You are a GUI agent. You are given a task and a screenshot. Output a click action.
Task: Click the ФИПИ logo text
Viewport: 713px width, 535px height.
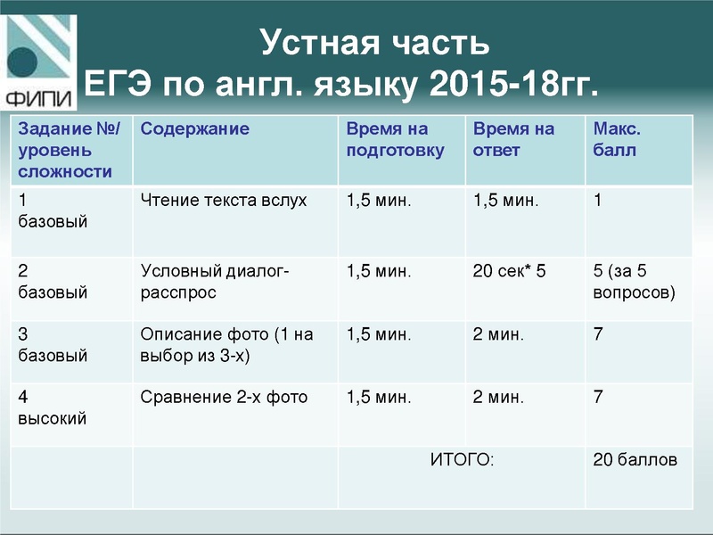39,96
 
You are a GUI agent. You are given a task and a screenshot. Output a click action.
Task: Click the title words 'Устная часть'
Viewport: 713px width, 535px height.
374,42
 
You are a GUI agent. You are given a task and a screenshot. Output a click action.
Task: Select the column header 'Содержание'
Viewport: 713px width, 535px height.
194,129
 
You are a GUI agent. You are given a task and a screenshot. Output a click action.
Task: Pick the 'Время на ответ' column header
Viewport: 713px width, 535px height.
513,140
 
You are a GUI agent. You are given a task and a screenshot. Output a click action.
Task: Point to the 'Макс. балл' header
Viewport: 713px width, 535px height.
617,140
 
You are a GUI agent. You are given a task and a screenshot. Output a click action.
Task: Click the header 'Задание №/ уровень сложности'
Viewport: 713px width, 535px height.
70,150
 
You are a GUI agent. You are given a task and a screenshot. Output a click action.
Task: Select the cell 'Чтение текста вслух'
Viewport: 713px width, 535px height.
223,201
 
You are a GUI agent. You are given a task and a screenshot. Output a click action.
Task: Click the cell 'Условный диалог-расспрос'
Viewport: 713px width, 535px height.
215,280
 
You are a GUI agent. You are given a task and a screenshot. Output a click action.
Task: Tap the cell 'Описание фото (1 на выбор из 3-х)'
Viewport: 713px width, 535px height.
226,345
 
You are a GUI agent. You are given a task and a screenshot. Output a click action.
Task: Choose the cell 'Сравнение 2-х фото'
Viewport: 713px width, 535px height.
224,398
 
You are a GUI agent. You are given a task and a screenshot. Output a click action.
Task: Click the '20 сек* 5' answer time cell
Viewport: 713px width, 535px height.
508,270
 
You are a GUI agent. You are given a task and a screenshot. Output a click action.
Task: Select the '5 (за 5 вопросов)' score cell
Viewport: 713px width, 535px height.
634,280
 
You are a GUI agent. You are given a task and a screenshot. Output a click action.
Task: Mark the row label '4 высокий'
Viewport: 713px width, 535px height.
52,407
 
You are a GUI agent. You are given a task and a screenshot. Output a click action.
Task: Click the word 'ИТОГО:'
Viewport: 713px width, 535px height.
462,460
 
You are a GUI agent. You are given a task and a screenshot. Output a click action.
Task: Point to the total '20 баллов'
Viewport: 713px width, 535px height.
635,460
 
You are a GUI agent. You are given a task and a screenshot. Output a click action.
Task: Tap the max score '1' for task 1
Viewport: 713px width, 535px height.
598,201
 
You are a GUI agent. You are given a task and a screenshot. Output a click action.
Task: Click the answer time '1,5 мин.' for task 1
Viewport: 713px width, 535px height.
505,201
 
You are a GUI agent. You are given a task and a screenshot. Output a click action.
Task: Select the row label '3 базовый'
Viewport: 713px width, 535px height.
53,345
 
